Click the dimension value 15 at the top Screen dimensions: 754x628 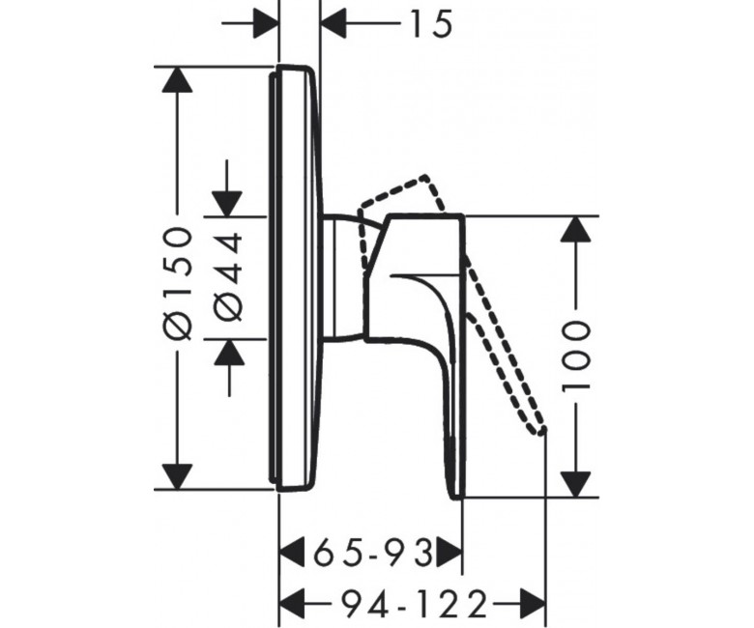[x=431, y=24]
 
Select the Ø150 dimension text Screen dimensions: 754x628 [x=178, y=283]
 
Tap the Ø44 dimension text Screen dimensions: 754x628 [x=227, y=276]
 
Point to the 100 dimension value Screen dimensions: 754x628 [x=575, y=357]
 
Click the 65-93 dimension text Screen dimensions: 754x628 [x=373, y=553]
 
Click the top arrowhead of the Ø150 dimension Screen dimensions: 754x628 [x=178, y=79]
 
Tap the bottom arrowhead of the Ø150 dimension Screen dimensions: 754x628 [x=178, y=476]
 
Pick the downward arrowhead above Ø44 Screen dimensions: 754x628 [x=227, y=204]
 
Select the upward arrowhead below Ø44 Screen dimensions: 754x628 [x=229, y=352]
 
